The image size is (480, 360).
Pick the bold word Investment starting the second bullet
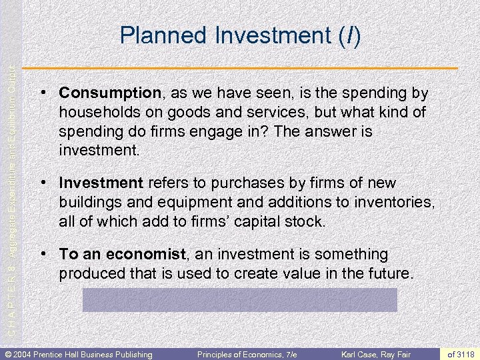click(101, 183)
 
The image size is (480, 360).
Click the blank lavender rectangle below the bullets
click(239, 300)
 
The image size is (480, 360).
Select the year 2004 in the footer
click(25, 354)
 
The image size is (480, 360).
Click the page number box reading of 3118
click(461, 354)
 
